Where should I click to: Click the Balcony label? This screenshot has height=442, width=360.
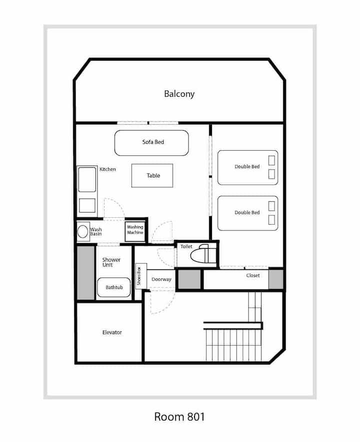coord(179,94)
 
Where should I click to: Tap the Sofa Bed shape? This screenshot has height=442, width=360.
coord(151,143)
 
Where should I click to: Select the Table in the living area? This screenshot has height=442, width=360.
coord(152,176)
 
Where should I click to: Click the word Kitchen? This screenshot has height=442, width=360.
coord(107,169)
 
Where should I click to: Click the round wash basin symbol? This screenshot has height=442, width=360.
coord(83,231)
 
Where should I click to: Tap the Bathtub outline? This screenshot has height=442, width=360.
coord(114,287)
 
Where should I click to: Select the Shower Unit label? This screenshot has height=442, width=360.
coord(111,262)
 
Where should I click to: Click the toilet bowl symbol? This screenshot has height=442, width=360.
coord(200,255)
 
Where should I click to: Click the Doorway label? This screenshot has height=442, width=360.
coord(161,279)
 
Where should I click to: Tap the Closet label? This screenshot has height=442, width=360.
coord(253,275)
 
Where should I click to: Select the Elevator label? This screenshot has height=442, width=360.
coord(112,332)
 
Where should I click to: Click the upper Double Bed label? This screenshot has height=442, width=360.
coord(247,167)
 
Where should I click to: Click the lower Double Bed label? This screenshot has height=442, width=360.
coord(247,213)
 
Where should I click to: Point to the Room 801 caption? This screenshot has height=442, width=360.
coord(179,416)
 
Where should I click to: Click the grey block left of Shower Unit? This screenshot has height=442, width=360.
coord(85,273)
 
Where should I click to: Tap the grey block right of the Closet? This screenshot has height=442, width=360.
coord(275,279)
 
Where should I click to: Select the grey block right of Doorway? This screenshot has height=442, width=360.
coord(189,279)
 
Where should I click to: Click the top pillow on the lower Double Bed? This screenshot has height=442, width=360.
coord(271,206)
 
